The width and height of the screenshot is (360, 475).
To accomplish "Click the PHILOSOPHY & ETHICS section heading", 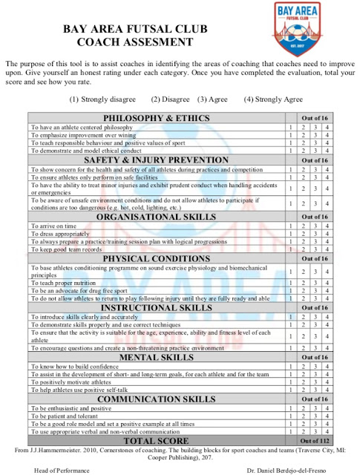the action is pyautogui.click(x=156, y=119).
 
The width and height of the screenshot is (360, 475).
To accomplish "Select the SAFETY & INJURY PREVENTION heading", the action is pyautogui.click(x=156, y=160).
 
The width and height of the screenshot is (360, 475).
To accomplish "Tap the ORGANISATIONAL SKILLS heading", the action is pyautogui.click(x=156, y=217).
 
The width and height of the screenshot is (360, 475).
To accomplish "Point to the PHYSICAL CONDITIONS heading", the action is pyautogui.click(x=156, y=258).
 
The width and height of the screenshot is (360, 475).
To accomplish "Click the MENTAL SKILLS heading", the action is pyautogui.click(x=156, y=357).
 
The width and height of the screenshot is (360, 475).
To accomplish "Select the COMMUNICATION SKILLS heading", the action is pyautogui.click(x=156, y=399).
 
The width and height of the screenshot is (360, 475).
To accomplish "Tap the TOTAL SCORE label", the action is pyautogui.click(x=156, y=440).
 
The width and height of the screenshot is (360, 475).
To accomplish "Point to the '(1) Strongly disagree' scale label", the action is pyautogui.click(x=102, y=99).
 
